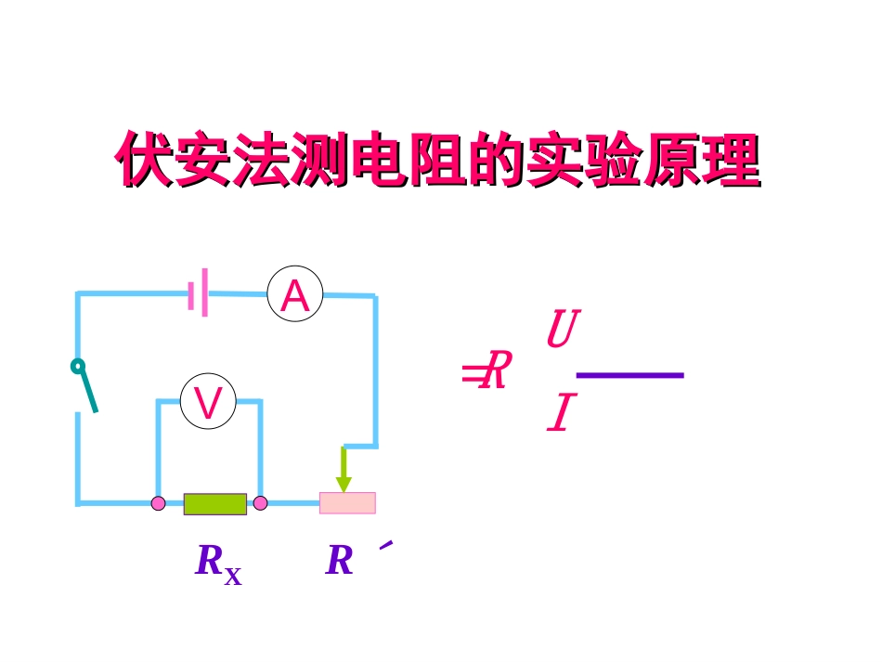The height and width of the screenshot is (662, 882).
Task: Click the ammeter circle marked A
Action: tap(295, 295)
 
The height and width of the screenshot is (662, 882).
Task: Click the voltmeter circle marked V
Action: tap(208, 402)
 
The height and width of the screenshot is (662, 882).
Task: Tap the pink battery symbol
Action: tap(198, 293)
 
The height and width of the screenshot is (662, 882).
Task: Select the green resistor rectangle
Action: tap(215, 504)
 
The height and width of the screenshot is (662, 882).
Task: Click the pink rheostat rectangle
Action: tap(348, 503)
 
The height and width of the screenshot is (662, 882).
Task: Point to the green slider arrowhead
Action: tap(344, 484)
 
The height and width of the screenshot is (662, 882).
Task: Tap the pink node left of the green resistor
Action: tap(159, 503)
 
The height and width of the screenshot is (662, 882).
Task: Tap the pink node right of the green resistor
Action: tap(260, 503)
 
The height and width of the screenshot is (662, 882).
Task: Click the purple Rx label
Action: tap(217, 563)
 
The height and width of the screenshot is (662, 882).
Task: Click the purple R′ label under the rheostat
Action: tap(340, 561)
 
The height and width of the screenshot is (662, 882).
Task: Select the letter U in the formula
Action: tap(563, 330)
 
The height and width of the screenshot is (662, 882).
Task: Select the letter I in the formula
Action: tap(562, 414)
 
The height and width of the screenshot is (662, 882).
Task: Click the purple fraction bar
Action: tap(630, 375)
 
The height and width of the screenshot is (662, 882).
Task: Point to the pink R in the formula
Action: tap(498, 371)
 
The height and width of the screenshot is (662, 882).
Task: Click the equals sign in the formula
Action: tap(472, 374)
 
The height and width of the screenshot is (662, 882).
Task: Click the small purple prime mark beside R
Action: tap(386, 545)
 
